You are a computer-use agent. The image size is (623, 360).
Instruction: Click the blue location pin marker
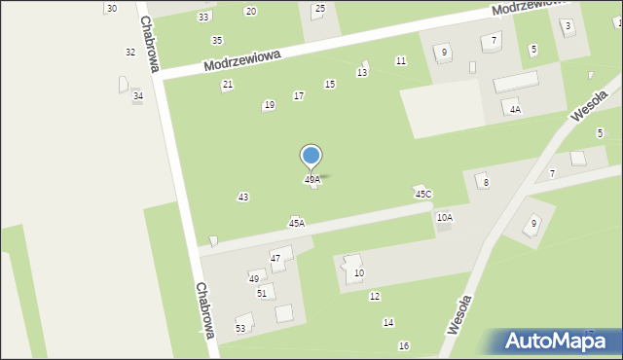311,157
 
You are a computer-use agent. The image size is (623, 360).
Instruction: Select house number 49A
312,180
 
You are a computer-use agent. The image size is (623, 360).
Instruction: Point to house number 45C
423,195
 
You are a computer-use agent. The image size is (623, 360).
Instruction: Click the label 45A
297,223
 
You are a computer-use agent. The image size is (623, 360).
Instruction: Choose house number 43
242,198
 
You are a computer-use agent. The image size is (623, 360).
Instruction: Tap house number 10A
445,218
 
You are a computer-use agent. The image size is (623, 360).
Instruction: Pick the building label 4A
515,110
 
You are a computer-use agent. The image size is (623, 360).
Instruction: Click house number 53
240,329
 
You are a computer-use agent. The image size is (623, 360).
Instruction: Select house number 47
275,258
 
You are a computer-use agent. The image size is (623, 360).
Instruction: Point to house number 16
404,346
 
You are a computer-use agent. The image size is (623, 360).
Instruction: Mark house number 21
228,85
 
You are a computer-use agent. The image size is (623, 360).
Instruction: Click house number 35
217,40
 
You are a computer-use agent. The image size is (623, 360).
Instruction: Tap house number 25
319,9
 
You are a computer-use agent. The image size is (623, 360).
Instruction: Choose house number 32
130,53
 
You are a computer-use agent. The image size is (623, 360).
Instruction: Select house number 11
400,61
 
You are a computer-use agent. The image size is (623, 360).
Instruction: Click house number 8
486,183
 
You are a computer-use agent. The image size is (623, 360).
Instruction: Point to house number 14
388,322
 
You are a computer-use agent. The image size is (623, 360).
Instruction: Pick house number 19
269,105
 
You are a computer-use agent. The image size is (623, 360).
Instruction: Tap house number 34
138,95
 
